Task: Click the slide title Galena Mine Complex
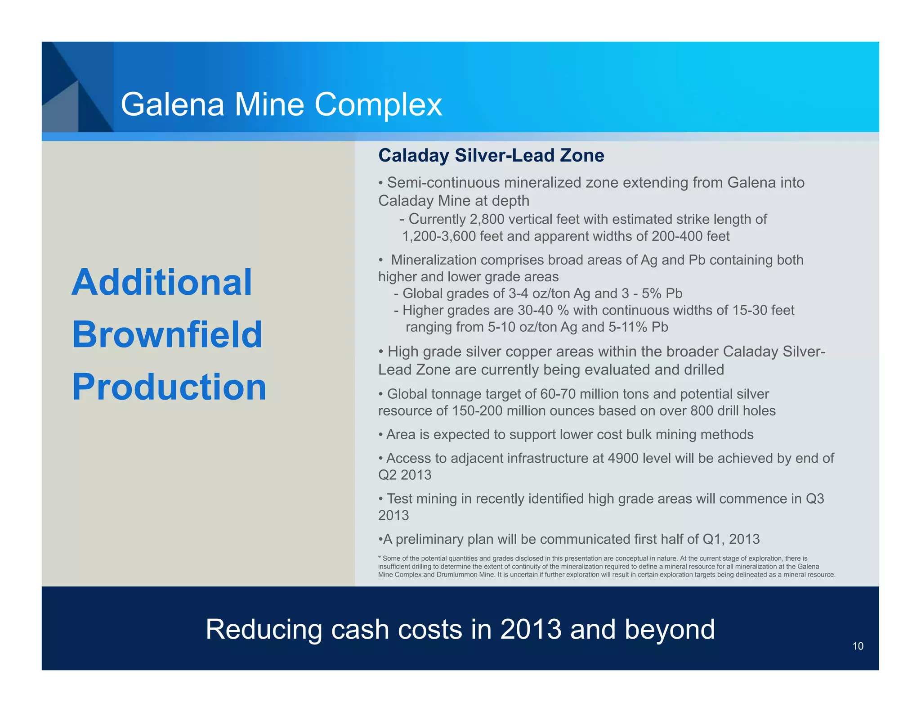point(281,104)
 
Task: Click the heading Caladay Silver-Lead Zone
point(491,155)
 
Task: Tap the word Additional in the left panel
point(162,282)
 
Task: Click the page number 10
point(858,646)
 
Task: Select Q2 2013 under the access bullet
point(405,475)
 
